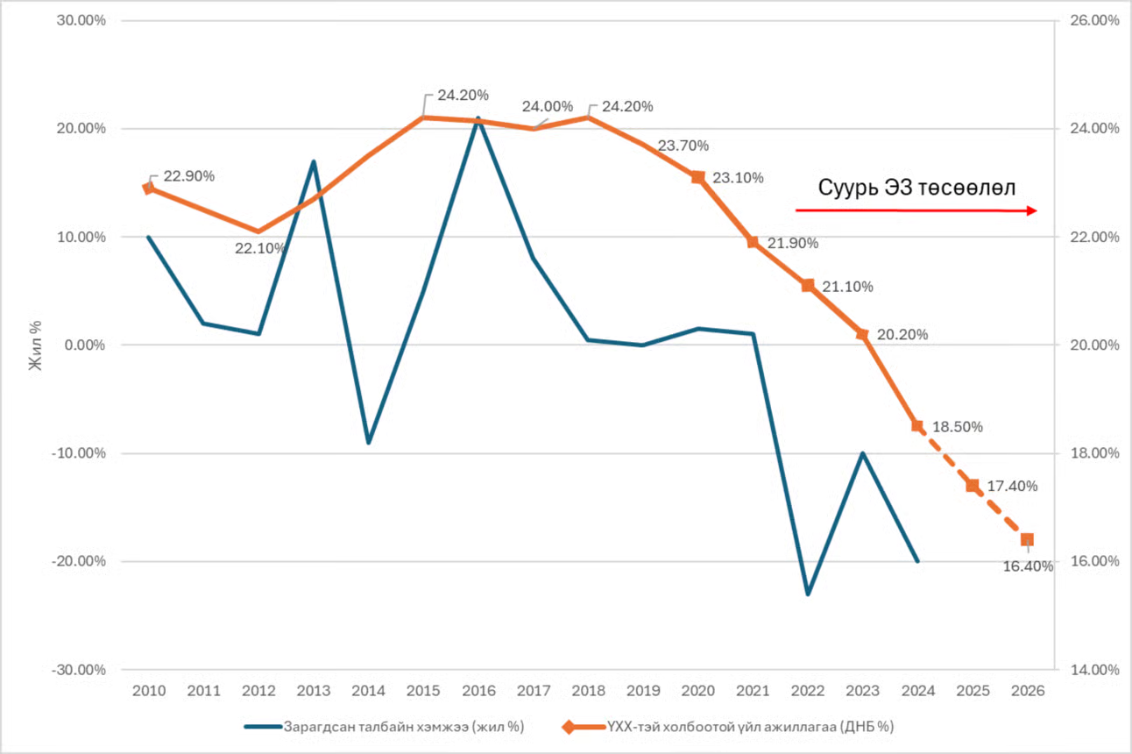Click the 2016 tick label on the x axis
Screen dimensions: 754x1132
click(478, 690)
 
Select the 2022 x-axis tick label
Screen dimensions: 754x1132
click(808, 690)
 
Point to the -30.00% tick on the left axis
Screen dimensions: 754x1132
click(81, 670)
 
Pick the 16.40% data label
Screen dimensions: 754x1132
click(1027, 566)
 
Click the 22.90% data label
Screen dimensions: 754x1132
click(188, 175)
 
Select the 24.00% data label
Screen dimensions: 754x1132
click(548, 107)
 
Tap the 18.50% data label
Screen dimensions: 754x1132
click(957, 427)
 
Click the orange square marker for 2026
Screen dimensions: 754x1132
click(1027, 539)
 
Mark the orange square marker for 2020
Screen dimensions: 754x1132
click(697, 177)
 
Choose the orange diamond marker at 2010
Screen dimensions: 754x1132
click(148, 188)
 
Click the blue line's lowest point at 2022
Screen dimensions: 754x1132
click(808, 594)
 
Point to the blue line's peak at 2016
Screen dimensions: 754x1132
click(478, 118)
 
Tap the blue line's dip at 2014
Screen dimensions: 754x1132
click(368, 442)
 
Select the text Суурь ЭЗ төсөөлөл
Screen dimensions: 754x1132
click(916, 188)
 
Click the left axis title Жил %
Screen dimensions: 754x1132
click(36, 345)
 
